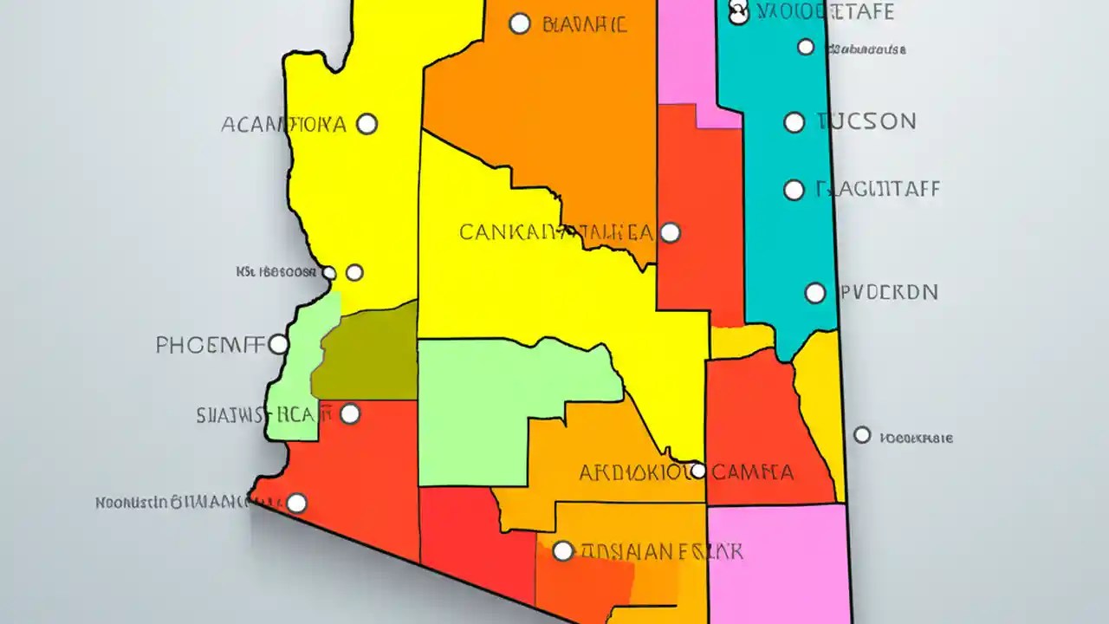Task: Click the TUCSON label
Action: pos(866,121)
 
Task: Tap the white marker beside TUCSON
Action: pos(794,122)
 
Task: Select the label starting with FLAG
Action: pos(878,189)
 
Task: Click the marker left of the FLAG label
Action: pos(794,191)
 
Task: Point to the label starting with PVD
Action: pos(889,292)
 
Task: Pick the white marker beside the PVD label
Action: pos(815,293)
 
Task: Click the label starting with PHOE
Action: pos(210,345)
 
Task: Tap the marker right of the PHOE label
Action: pos(278,345)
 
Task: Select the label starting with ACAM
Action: pos(283,124)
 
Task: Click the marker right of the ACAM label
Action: pos(367,124)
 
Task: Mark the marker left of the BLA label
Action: pos(520,23)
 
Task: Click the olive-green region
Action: pos(368,355)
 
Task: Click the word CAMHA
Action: pos(754,472)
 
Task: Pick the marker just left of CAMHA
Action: pos(697,471)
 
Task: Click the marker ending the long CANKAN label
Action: pos(670,232)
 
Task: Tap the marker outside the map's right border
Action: pos(862,435)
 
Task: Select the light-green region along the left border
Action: pos(299,381)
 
